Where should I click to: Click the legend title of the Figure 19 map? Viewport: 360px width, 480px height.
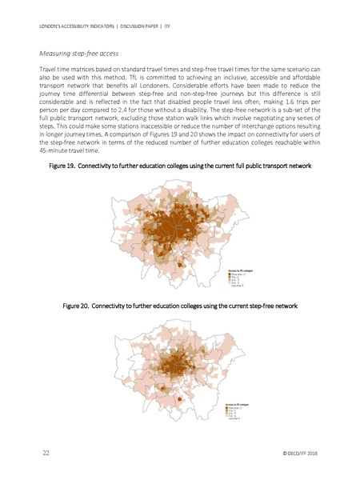click(x=241, y=270)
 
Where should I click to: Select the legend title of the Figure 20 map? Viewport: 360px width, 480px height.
click(x=241, y=406)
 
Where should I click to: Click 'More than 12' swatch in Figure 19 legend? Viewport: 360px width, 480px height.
click(x=230, y=274)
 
